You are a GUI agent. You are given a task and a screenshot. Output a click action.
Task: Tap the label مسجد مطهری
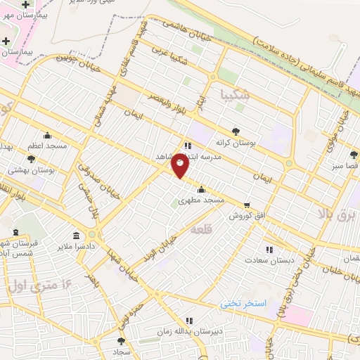click(201, 200)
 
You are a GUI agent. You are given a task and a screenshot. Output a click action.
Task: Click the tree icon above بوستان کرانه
click(235, 131)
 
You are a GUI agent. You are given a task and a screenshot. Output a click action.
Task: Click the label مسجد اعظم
click(48, 146)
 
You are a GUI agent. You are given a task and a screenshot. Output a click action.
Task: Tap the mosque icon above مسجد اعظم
click(47, 135)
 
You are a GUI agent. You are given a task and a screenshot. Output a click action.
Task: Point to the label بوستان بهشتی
click(27, 170)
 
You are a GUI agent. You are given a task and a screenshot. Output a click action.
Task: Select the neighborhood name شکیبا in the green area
click(233, 94)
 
